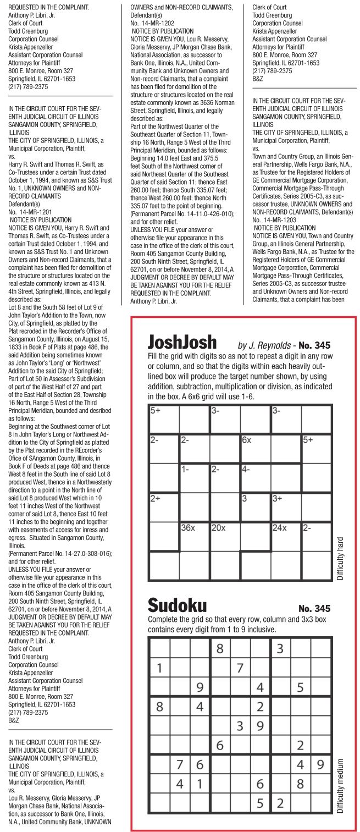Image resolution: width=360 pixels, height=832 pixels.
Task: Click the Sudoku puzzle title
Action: tap(177, 607)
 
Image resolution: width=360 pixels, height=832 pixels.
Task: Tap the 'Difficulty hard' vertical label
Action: tap(340, 559)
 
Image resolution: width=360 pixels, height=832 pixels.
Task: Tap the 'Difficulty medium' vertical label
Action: tap(340, 786)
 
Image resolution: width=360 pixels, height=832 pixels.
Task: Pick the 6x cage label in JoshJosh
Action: tap(246, 440)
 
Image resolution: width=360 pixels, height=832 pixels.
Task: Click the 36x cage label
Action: tap(188, 527)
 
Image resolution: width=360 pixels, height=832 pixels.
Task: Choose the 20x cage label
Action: tap(218, 527)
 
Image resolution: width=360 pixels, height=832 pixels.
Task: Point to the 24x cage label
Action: tap(280, 527)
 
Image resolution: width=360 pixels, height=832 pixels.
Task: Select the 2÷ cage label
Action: tap(156, 498)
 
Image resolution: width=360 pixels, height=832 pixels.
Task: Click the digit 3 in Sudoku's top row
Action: tap(280, 648)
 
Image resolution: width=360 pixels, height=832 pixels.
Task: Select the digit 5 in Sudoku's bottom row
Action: tap(260, 803)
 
